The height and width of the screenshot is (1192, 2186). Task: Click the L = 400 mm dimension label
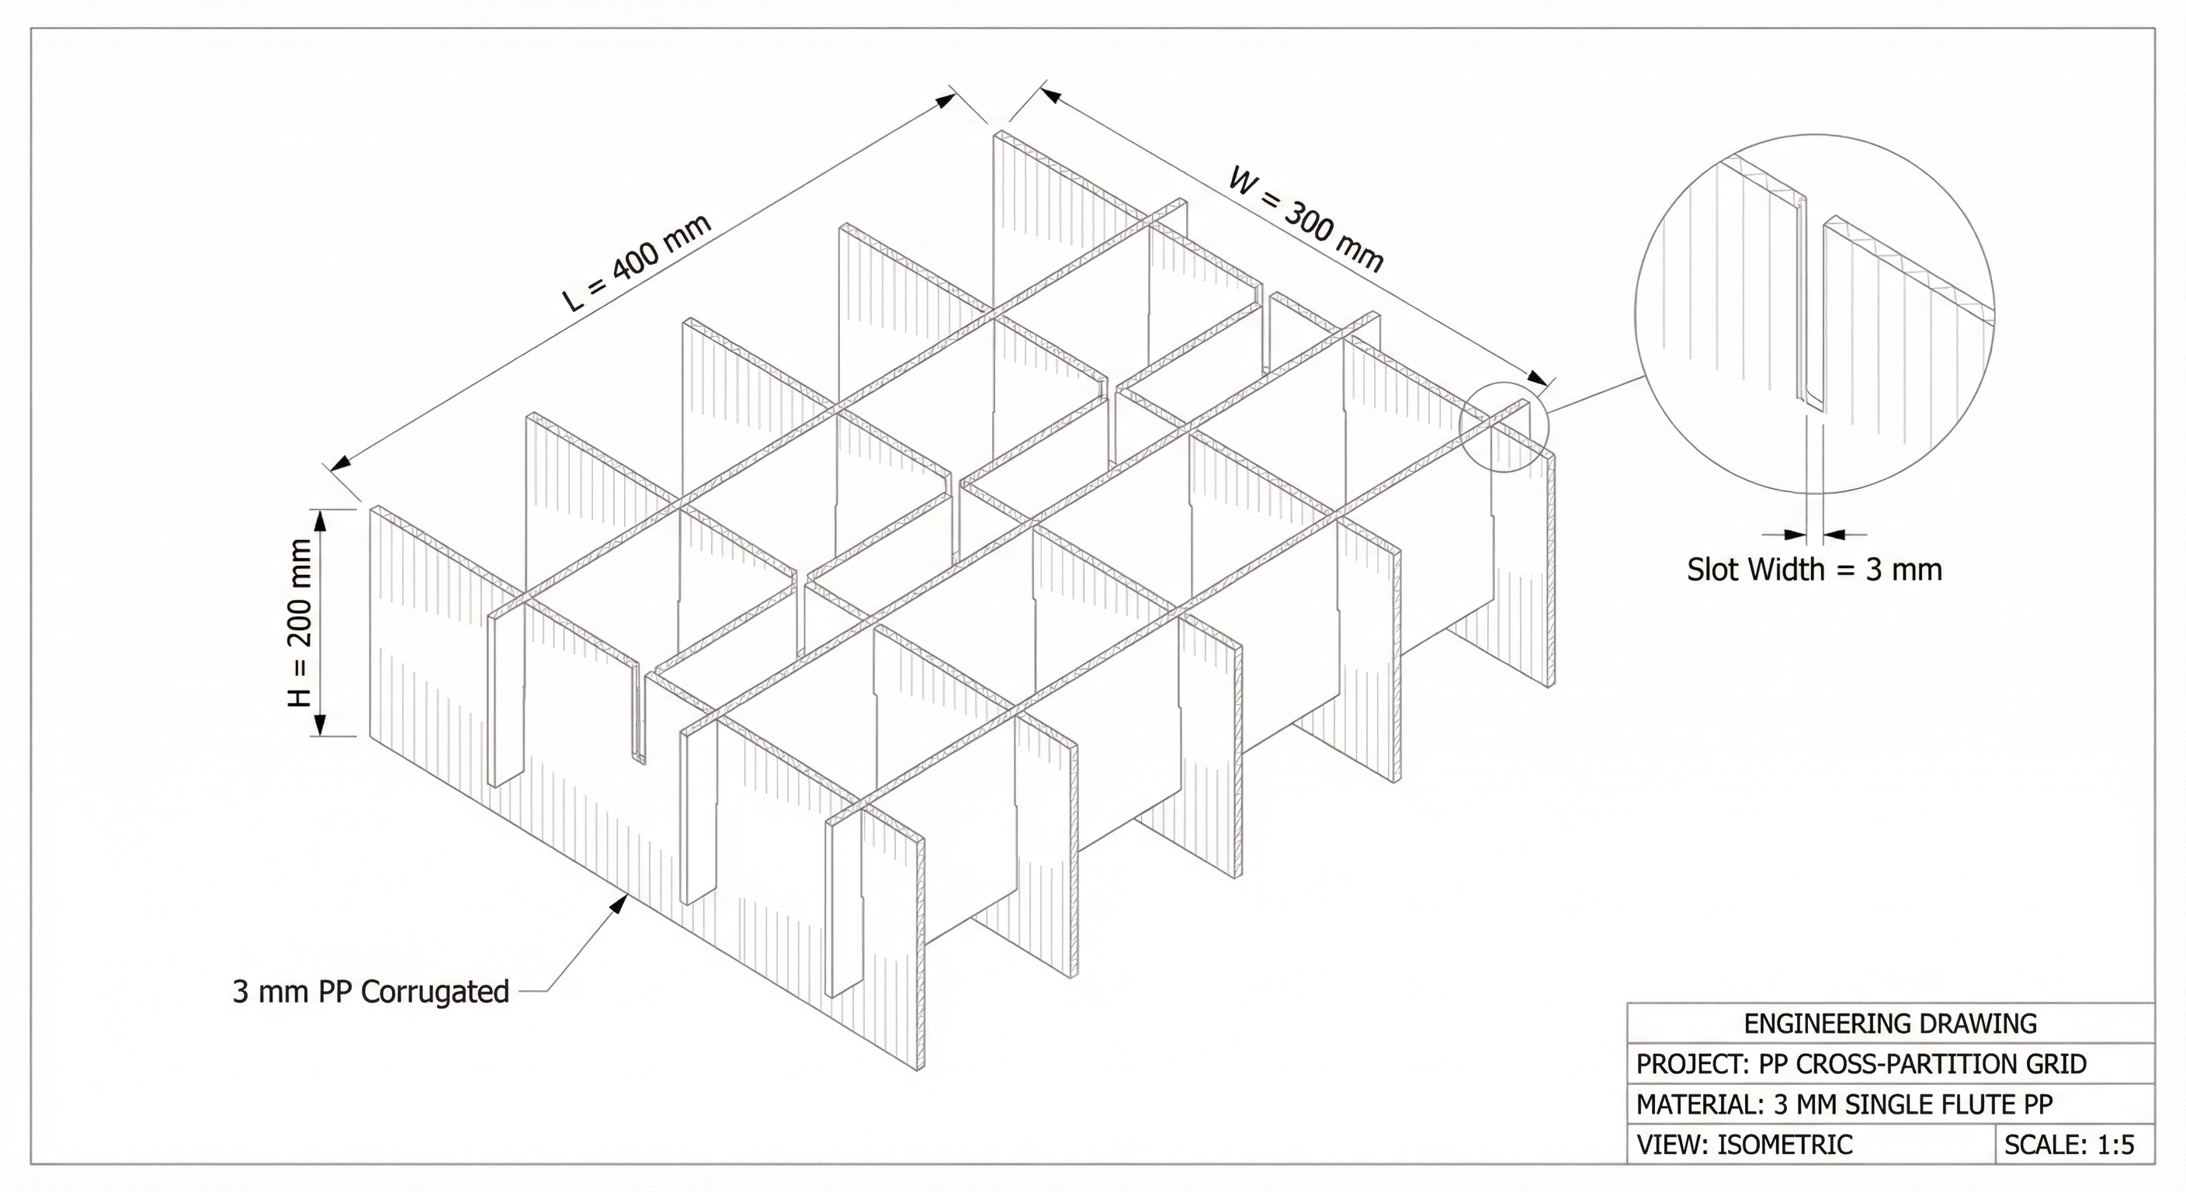[637, 262]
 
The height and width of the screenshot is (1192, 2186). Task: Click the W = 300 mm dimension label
[1306, 220]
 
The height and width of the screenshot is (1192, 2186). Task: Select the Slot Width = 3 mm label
[1814, 570]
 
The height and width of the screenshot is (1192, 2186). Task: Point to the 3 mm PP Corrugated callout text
[371, 991]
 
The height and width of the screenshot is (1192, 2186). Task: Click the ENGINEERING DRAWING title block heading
[1889, 1023]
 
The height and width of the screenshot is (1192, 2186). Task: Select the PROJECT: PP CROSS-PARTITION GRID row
[1861, 1064]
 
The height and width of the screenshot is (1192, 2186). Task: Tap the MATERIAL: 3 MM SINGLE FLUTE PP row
[1844, 1104]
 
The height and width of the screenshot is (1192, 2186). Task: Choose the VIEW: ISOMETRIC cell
[1744, 1145]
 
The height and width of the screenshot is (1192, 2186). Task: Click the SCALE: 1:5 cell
[2069, 1145]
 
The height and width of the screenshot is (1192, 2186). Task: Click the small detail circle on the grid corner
[1504, 428]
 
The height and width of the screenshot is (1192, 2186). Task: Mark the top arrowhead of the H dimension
[321, 520]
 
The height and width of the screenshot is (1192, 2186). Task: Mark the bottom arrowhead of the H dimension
[321, 726]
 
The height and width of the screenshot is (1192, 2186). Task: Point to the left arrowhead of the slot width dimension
[1795, 535]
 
